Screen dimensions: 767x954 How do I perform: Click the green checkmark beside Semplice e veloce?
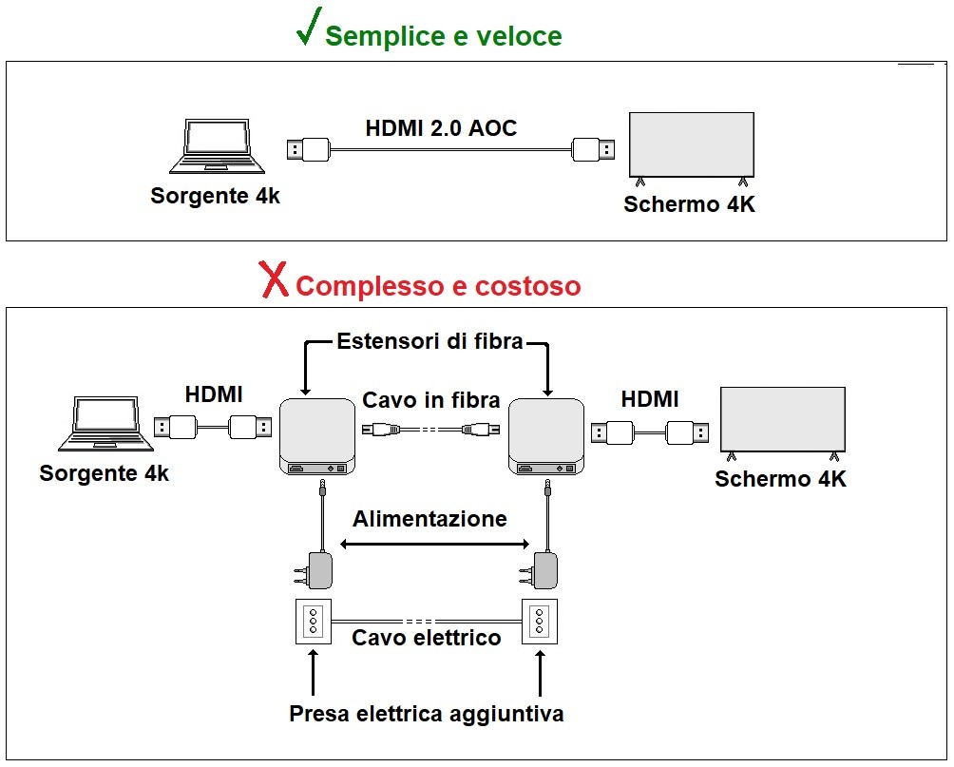307,29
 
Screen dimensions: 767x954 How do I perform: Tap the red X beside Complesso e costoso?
275,280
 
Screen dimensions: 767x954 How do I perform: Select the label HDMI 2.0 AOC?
441,128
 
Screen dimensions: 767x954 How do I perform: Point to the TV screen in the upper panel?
692,145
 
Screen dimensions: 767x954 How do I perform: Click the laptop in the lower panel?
104,425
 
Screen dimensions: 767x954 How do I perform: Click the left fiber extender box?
318,436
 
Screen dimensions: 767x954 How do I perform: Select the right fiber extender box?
546,436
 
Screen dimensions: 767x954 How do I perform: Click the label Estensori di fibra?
429,341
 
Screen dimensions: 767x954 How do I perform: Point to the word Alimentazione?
429,519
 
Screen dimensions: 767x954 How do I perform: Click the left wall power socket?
312,623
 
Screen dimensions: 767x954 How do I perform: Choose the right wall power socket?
540,623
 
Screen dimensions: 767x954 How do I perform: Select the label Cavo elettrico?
426,638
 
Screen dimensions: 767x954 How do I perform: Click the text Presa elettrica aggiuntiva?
426,713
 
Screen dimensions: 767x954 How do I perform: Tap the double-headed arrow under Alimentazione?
434,544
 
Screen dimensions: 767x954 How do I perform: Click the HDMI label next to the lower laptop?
214,394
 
